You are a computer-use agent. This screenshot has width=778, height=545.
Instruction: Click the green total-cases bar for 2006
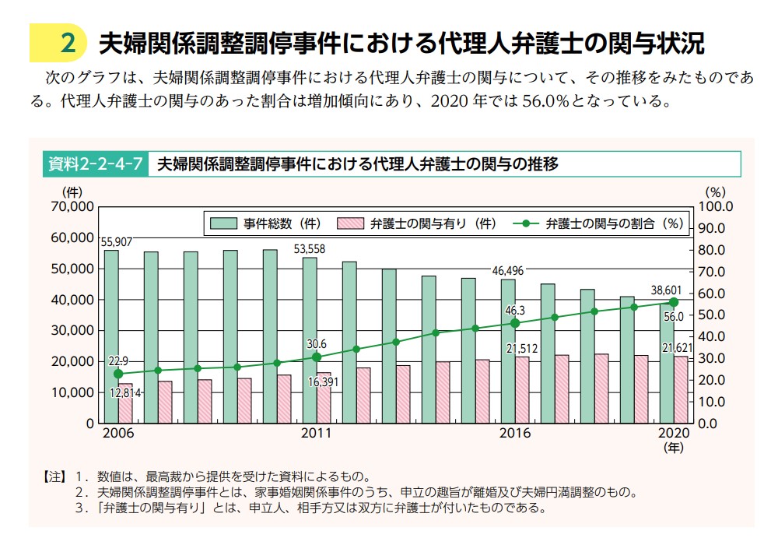111,327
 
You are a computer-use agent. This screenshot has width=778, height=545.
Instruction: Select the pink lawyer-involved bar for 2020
680,393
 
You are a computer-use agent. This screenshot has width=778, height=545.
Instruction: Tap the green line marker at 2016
514,323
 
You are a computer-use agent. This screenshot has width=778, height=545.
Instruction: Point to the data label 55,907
116,242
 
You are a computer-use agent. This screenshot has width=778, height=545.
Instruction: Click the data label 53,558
309,249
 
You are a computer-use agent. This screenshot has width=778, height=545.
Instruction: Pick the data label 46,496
507,271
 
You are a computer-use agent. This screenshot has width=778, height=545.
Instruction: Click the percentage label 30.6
317,343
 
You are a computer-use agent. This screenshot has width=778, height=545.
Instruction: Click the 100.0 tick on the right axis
717,206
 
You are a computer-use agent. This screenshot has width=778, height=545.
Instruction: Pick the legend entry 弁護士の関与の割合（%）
599,223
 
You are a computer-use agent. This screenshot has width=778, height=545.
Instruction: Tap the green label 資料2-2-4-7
93,164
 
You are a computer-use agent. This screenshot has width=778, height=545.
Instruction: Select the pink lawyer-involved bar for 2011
323,398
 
